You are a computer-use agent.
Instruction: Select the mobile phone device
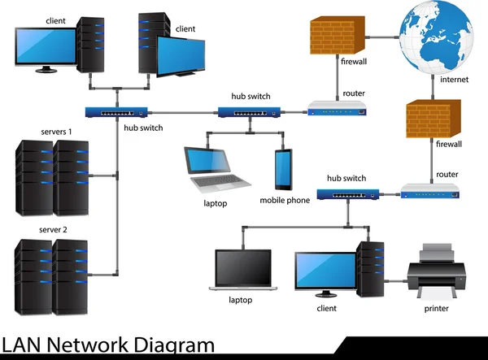click(x=283, y=169)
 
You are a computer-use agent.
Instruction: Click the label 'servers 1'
click(x=56, y=132)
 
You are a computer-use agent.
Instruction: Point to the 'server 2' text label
click(x=54, y=230)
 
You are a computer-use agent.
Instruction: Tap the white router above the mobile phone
click(x=337, y=107)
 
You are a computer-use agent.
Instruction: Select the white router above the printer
click(x=431, y=191)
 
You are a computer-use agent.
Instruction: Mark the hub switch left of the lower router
click(x=346, y=194)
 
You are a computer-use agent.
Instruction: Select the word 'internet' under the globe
click(x=454, y=80)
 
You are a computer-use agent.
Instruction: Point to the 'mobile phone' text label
click(x=285, y=200)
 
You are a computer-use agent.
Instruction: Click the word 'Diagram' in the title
click(x=169, y=346)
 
